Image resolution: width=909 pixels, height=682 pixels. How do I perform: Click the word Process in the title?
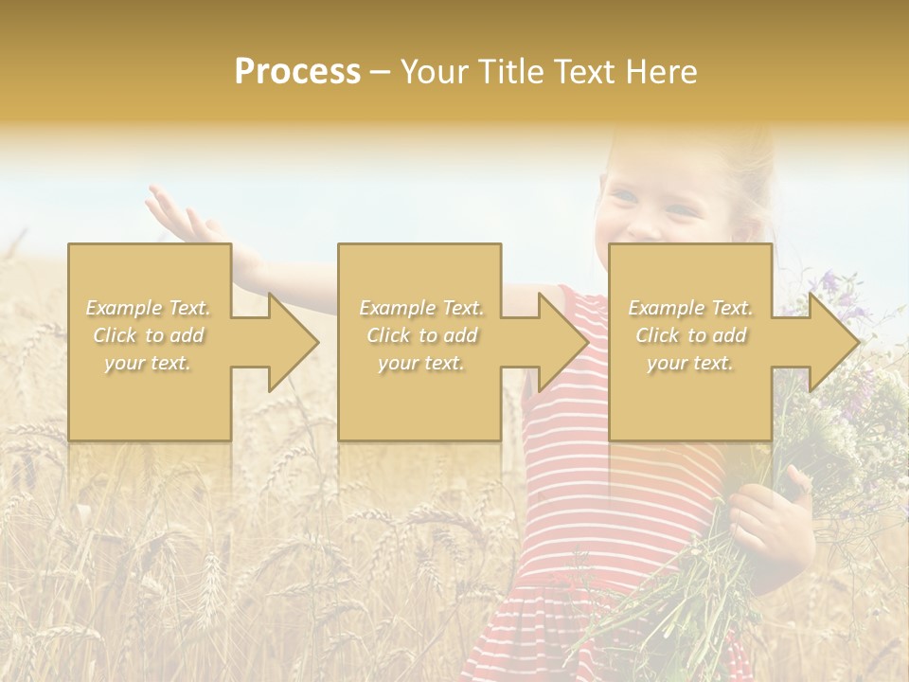(x=297, y=72)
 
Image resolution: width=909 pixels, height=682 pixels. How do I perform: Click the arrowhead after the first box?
(x=290, y=342)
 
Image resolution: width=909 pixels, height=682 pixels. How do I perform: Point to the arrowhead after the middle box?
(x=561, y=342)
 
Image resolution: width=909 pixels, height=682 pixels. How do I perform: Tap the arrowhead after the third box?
(x=831, y=342)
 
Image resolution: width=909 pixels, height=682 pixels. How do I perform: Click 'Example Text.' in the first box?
(x=149, y=308)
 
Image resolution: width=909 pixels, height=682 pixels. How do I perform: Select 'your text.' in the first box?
(x=149, y=363)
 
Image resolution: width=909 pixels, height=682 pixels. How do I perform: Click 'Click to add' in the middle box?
(x=420, y=335)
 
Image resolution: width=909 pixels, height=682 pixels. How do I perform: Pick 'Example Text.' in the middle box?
(x=420, y=308)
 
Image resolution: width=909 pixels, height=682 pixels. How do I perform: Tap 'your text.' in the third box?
(x=690, y=363)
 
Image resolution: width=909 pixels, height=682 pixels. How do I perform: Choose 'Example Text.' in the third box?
(x=690, y=308)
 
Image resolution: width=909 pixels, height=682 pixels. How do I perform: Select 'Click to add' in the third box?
(x=690, y=335)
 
